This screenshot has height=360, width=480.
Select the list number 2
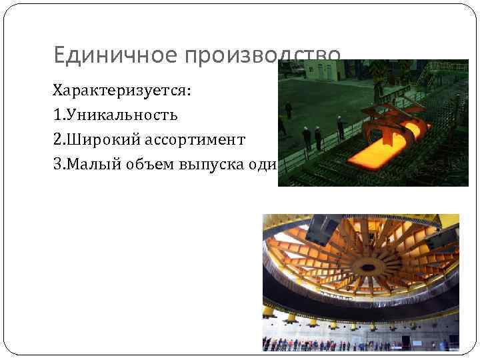point(57,139)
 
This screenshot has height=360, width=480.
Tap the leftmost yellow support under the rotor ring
point(269,311)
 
